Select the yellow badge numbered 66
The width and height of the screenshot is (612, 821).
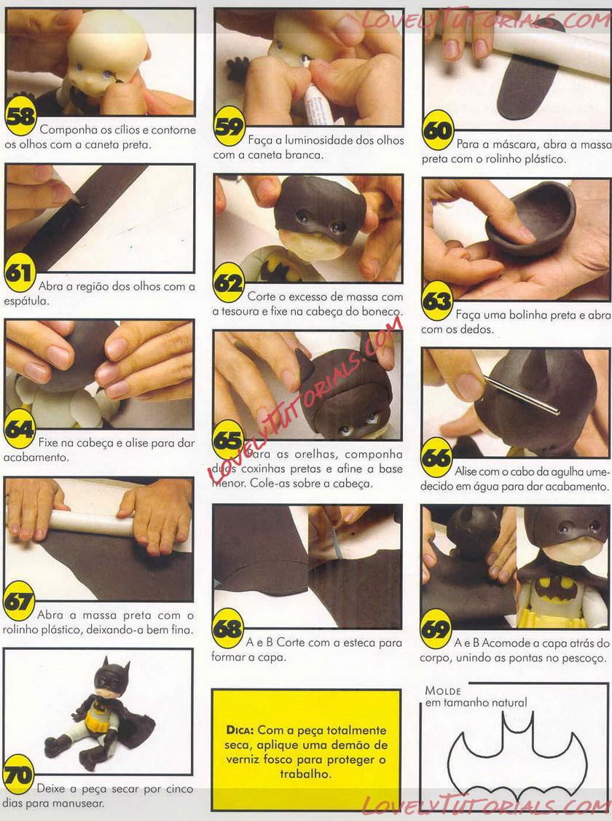coord(436,457)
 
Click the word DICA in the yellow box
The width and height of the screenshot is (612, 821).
coord(240,730)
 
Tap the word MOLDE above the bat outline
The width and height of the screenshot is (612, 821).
coord(443,691)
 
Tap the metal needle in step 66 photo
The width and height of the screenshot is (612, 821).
coord(521,395)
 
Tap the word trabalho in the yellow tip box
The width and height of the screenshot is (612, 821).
coord(305,774)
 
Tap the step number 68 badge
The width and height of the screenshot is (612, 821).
coord(228,628)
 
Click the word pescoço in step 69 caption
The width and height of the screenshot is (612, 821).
coord(586,658)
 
